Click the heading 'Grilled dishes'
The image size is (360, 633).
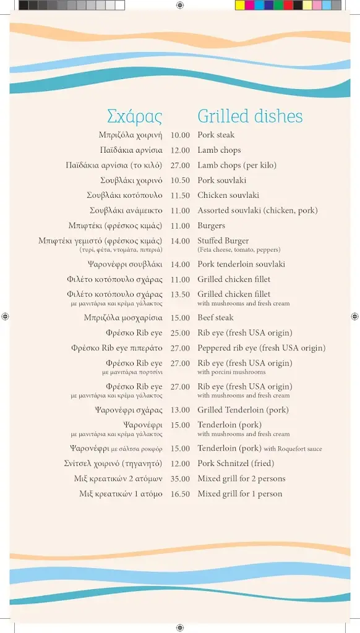(x=250, y=116)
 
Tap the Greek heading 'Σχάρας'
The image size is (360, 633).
(x=134, y=116)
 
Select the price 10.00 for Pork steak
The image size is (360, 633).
(x=180, y=135)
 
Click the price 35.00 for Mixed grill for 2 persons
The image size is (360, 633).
(x=180, y=478)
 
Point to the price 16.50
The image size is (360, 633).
(x=180, y=494)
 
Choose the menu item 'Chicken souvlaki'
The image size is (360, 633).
(x=228, y=195)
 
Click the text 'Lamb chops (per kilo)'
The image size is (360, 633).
(x=237, y=165)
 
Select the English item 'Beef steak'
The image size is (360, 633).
(x=215, y=318)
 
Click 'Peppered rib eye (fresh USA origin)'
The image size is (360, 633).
(x=261, y=348)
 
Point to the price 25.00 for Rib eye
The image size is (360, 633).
(x=180, y=333)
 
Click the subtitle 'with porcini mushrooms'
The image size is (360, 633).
(x=231, y=372)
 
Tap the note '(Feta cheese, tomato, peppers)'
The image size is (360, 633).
(x=239, y=250)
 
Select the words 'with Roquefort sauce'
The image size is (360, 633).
(x=293, y=449)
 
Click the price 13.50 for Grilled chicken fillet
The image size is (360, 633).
(x=180, y=295)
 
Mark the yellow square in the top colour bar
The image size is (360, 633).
(x=240, y=5)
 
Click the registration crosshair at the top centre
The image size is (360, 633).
(x=179, y=5)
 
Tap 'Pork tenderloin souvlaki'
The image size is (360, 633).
(x=241, y=265)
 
